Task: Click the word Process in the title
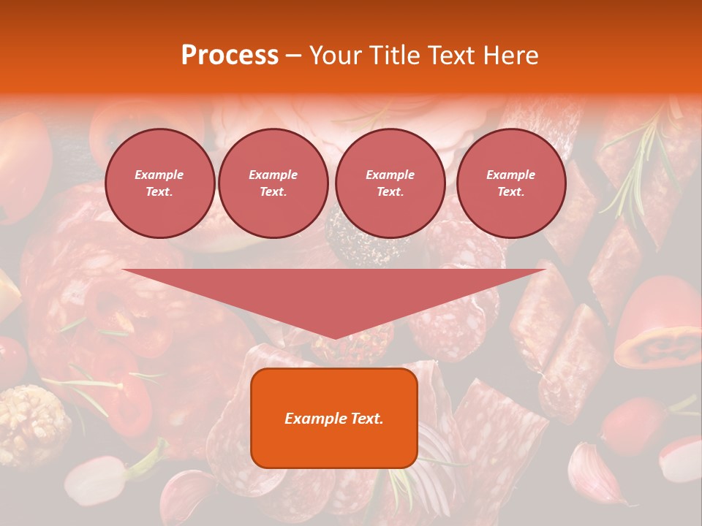point(230,56)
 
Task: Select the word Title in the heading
point(397,56)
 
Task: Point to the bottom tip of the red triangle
point(335,337)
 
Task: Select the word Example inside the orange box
point(310,419)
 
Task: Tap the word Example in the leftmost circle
point(159,175)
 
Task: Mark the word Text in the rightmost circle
point(510,191)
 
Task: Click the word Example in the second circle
point(273,175)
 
